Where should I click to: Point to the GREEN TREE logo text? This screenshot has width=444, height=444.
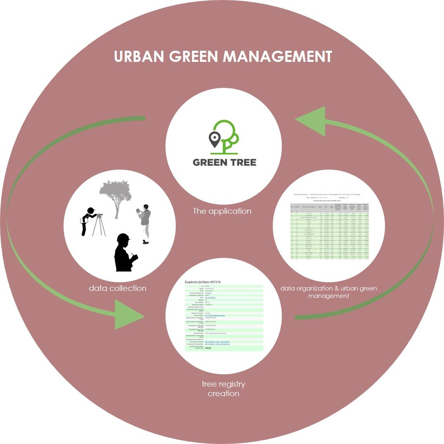(x=224, y=162)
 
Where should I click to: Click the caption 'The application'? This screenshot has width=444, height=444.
(x=222, y=211)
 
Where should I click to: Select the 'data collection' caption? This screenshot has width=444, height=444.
(x=118, y=288)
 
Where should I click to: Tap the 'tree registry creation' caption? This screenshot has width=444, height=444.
(x=223, y=389)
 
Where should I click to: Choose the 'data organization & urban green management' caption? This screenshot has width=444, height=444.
(x=329, y=292)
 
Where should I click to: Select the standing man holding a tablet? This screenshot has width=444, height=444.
(x=144, y=222)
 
